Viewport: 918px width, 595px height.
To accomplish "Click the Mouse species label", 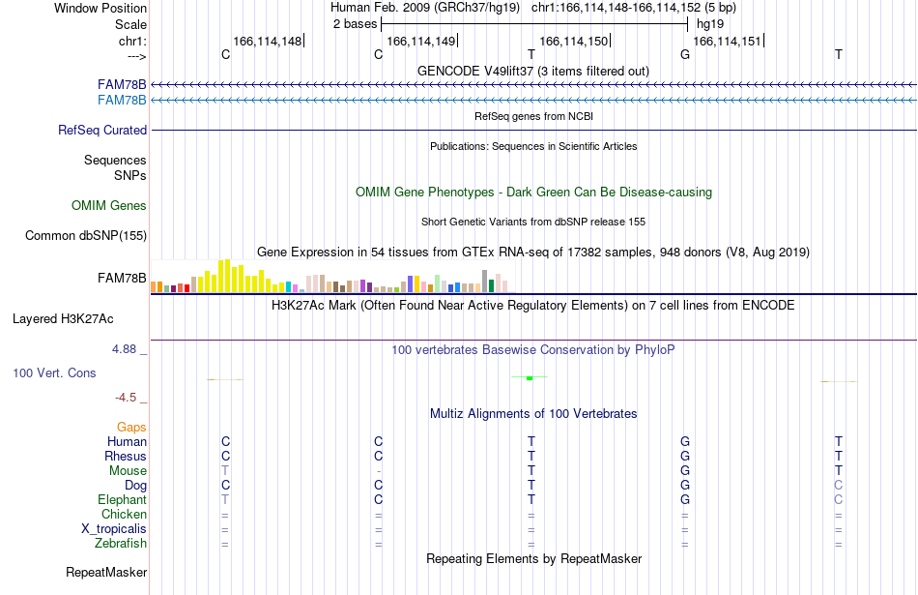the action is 128,471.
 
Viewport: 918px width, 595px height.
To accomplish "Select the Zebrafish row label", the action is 121,544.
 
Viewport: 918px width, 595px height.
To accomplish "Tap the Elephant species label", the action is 123,500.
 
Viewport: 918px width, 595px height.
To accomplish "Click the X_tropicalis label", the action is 114,529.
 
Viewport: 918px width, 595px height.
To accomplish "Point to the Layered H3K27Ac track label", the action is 63,319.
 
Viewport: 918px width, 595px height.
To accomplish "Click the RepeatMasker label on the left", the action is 106,572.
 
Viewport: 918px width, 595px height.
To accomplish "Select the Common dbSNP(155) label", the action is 86,236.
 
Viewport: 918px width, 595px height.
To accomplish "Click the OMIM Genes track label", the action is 109,206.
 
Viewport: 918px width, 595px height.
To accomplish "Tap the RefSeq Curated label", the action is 102,131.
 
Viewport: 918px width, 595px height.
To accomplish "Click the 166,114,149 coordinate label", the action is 421,41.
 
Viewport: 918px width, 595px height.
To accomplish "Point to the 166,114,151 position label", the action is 727,41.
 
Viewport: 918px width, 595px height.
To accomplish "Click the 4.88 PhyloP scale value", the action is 124,349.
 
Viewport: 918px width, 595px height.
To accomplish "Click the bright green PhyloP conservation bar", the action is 530,378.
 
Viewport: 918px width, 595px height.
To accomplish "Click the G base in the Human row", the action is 685,441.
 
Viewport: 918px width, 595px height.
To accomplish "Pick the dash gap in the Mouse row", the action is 379,471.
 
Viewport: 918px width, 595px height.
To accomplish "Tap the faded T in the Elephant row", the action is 225,499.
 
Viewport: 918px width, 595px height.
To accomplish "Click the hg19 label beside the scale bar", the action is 710,24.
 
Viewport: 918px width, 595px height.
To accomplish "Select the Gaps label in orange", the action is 131,428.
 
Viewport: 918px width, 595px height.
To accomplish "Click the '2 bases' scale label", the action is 355,24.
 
